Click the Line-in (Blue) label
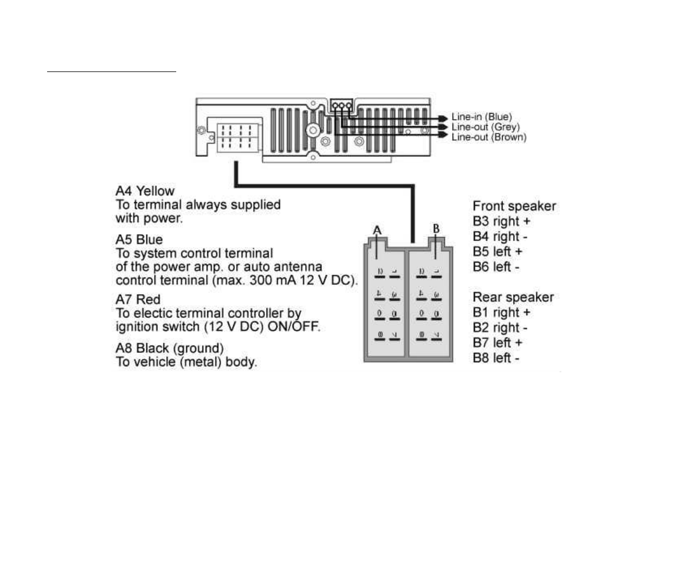[x=482, y=117]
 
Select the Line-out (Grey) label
[x=485, y=127]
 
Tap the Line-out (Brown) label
[x=489, y=137]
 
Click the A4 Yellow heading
[x=145, y=191]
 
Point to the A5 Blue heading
[x=139, y=240]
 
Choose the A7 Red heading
[x=138, y=300]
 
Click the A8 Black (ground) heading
[x=170, y=348]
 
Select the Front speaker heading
[x=514, y=206]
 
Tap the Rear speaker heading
[x=513, y=297]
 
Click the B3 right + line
[x=501, y=222]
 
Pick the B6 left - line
[x=496, y=267]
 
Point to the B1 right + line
[x=501, y=312]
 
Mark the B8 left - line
[x=496, y=358]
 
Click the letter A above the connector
[x=377, y=230]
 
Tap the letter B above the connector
[x=436, y=229]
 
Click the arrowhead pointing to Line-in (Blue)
[x=443, y=118]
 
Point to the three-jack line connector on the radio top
[x=341, y=105]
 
